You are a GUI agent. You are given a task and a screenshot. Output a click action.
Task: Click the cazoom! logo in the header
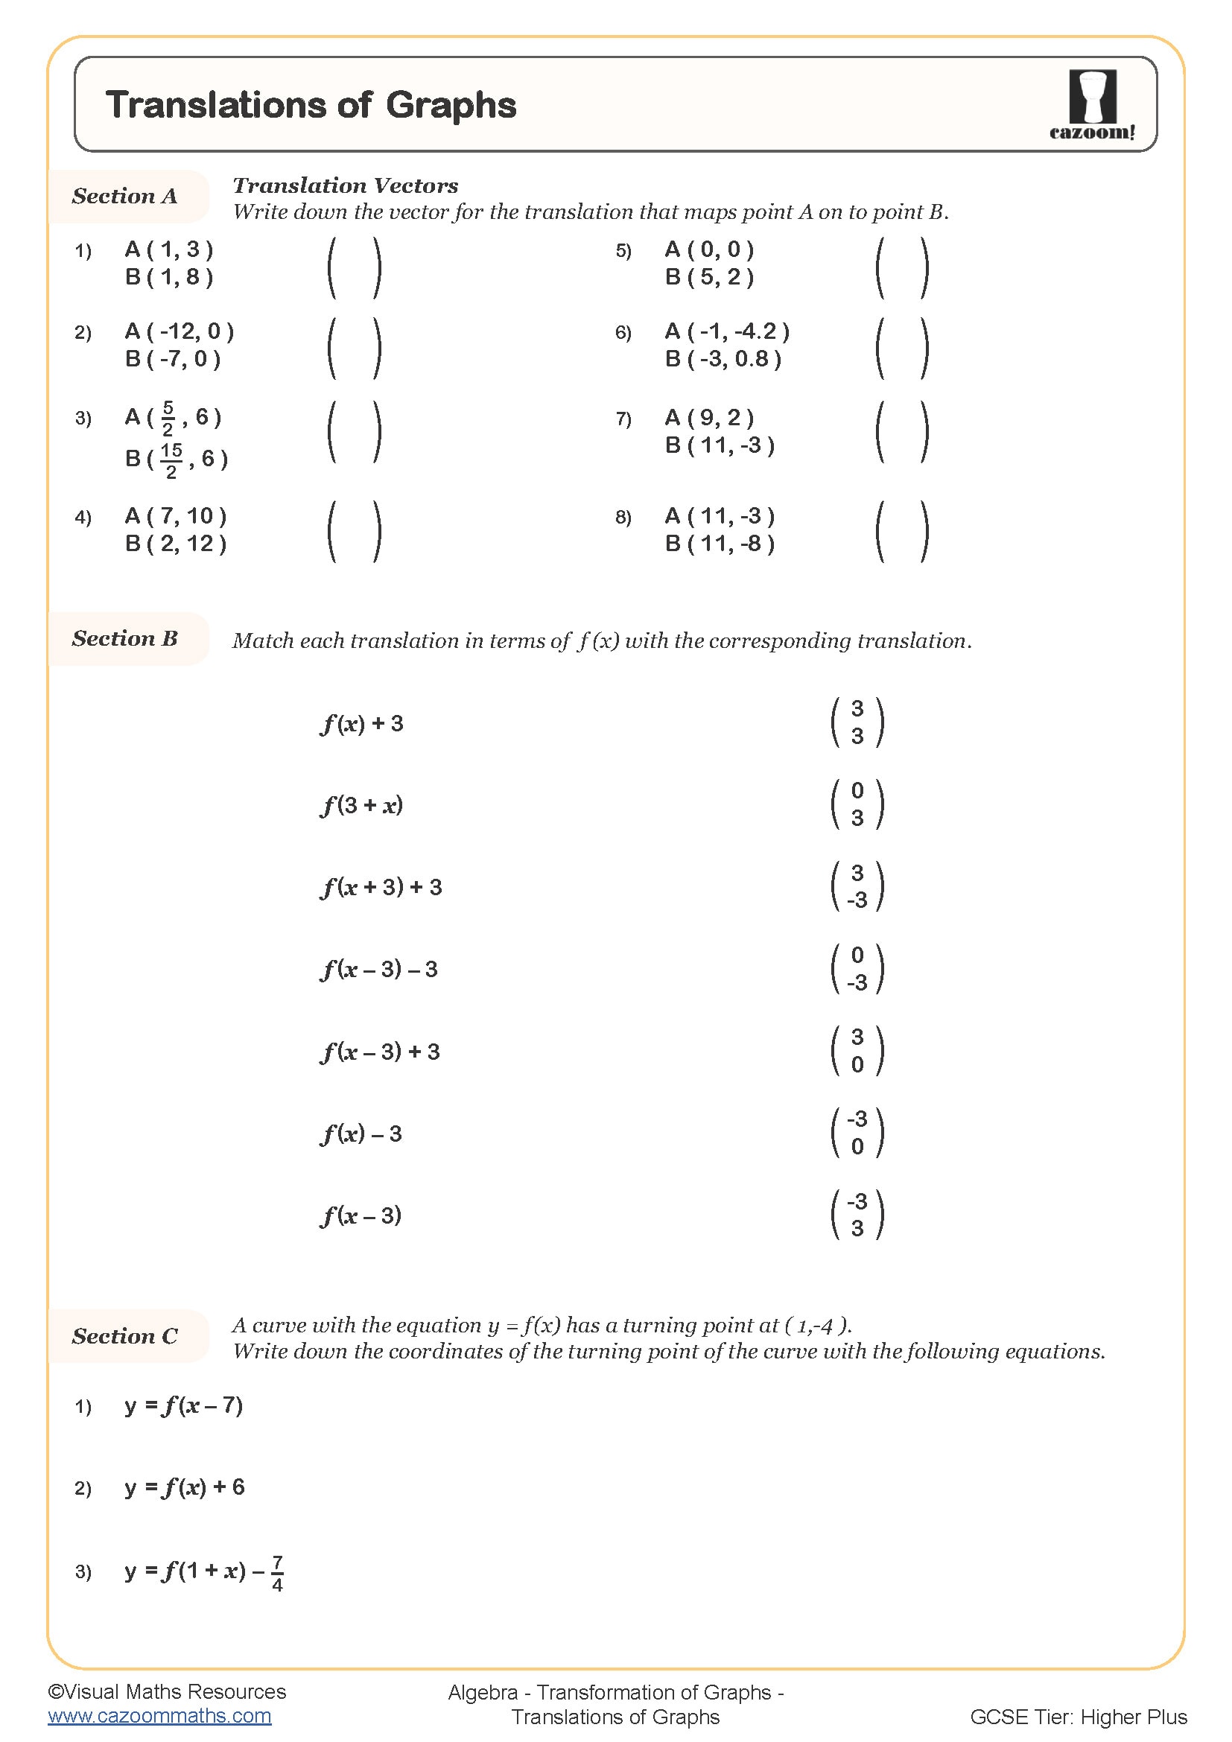(x=1092, y=105)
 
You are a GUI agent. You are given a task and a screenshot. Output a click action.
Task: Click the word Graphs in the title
(x=451, y=106)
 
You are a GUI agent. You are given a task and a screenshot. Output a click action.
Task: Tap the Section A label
(x=124, y=196)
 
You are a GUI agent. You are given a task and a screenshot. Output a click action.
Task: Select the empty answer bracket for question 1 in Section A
(x=354, y=267)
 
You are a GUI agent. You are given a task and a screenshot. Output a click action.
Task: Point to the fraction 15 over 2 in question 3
(x=171, y=460)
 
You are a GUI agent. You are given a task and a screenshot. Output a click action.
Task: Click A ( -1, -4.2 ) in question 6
(x=726, y=331)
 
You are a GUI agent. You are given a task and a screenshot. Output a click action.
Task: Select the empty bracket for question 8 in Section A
(x=901, y=531)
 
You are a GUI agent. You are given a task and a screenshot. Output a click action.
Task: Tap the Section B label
(x=124, y=638)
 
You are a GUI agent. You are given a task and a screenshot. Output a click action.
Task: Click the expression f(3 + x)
(x=361, y=805)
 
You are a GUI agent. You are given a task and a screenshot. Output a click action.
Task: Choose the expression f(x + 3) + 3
(x=381, y=887)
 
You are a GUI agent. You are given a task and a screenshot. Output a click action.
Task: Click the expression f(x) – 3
(x=361, y=1134)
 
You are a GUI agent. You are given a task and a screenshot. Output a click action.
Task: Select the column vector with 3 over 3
(x=857, y=722)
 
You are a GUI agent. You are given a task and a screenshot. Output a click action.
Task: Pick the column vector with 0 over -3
(x=857, y=969)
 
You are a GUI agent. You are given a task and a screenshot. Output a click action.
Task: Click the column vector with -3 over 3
(x=857, y=1215)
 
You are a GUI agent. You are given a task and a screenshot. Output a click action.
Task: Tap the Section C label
(x=124, y=1336)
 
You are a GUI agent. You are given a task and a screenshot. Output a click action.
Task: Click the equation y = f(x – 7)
(x=183, y=1405)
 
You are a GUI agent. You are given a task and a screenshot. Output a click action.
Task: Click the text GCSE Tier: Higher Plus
(x=1077, y=1716)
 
